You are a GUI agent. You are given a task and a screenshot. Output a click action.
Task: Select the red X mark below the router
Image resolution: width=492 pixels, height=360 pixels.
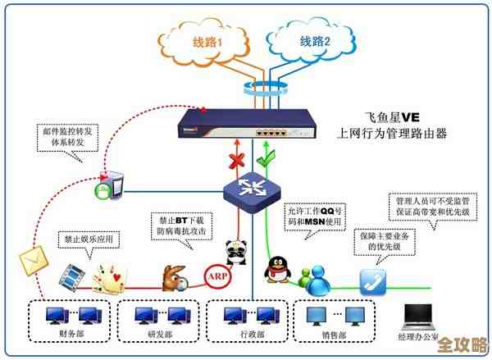(236, 160)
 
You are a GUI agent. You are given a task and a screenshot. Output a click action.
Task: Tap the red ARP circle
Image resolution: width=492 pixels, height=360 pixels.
(216, 276)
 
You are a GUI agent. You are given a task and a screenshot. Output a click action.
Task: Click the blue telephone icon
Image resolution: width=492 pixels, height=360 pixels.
(373, 280)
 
